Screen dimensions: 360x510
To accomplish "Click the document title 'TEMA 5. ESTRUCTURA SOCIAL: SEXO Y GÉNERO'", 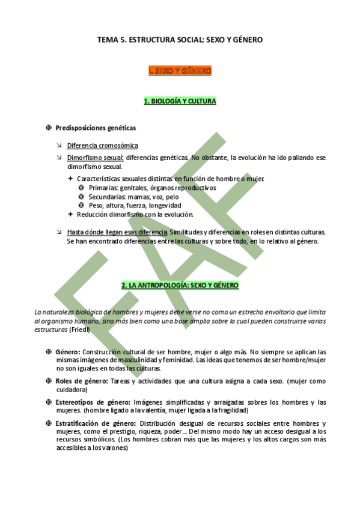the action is (x=180, y=40).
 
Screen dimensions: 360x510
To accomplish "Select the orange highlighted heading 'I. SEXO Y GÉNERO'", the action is (x=180, y=71).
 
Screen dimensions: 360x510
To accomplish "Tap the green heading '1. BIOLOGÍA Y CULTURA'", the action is (x=180, y=101).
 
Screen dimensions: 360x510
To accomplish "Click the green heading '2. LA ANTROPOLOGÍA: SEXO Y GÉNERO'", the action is (x=180, y=285).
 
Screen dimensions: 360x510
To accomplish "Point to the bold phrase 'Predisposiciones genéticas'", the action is (x=96, y=128).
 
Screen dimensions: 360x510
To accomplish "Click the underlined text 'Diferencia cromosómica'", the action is (x=102, y=146).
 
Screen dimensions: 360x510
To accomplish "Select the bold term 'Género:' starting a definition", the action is (x=68, y=352).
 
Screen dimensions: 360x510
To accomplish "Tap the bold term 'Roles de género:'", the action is (x=81, y=381).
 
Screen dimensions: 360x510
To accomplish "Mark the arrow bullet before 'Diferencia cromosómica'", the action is (x=58, y=146).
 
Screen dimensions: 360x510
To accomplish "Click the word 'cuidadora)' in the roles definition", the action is (x=73, y=390).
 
